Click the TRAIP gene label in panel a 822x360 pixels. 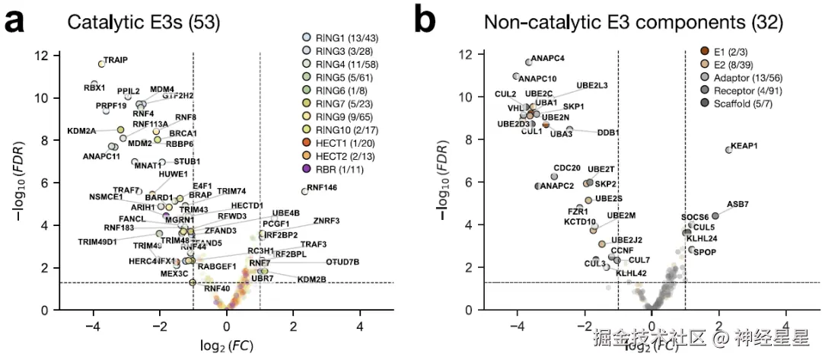116,59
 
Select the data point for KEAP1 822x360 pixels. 728,150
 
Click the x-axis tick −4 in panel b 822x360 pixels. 518,326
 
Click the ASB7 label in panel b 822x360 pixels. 738,204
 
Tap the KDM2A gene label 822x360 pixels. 82,131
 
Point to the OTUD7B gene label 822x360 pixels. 342,263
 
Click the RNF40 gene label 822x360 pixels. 217,288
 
